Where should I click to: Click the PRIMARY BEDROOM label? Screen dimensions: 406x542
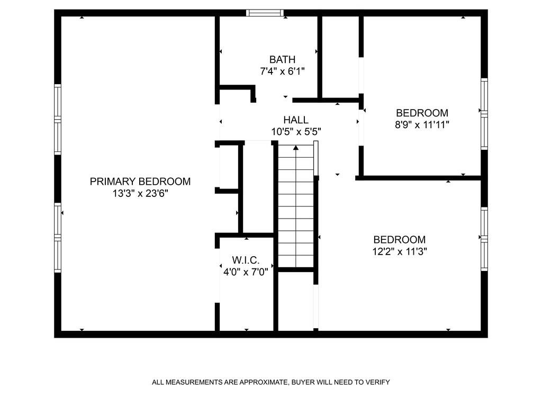(x=140, y=182)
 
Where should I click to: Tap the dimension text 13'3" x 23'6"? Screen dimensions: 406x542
(x=140, y=194)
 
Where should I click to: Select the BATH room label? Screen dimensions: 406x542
(x=282, y=59)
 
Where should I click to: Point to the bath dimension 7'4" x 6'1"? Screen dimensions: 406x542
(x=282, y=71)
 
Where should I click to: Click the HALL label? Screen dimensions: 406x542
(x=295, y=120)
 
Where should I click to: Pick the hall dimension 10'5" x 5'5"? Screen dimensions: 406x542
(x=295, y=132)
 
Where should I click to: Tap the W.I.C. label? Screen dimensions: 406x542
(x=246, y=260)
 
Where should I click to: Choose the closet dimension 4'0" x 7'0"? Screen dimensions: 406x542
(x=246, y=272)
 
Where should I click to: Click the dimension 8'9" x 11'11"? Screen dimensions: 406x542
(x=422, y=125)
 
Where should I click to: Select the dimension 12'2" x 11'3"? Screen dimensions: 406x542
(x=399, y=251)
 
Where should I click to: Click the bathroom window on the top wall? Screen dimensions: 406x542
(x=265, y=13)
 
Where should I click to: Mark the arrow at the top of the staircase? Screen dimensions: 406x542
(x=295, y=149)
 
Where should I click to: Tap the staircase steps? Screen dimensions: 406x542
(x=295, y=212)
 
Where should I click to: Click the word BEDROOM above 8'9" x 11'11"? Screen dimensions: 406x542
(x=422, y=113)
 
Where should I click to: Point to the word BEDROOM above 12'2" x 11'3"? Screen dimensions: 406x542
(x=399, y=239)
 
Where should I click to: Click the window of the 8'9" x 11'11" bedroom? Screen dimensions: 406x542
(x=484, y=113)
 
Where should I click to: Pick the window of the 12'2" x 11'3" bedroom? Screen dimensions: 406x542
(x=484, y=239)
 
